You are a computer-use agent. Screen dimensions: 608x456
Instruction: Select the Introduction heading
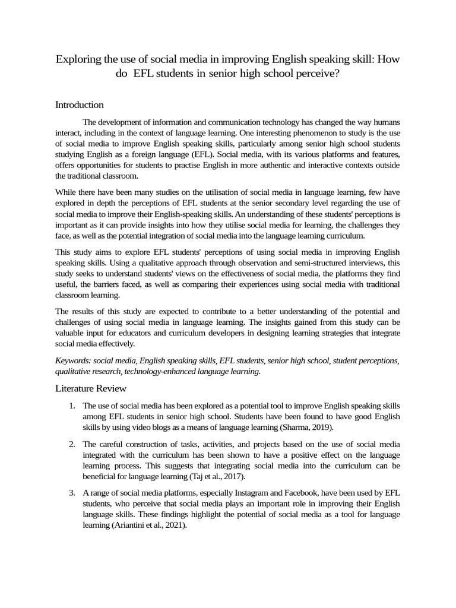coord(80,105)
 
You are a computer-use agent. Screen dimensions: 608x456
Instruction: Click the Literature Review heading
coord(90,388)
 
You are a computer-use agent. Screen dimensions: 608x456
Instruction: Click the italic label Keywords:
coord(74,360)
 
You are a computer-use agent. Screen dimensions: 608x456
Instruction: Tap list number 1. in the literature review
coord(71,406)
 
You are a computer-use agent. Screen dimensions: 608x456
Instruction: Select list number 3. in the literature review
coord(71,492)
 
